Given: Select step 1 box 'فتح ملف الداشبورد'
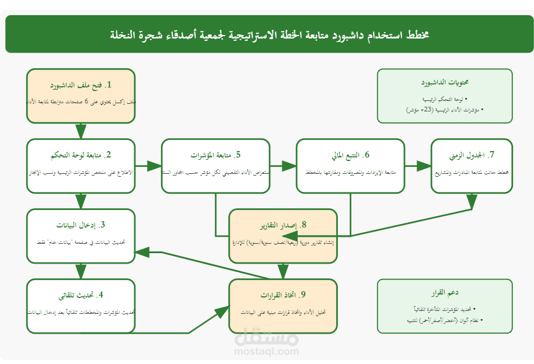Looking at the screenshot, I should point(81,96).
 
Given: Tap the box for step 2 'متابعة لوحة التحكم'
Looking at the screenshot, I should point(81,166).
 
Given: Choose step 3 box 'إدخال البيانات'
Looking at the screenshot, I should point(81,236).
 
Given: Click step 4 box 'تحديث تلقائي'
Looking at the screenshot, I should point(81,306).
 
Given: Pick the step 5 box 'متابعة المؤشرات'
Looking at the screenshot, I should point(215,166).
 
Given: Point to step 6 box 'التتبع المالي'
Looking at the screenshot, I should point(350,166).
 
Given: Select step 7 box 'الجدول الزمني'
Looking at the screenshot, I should point(472,166).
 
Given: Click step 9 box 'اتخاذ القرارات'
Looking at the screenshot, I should point(283,306).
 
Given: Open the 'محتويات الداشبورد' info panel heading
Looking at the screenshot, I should point(445,83).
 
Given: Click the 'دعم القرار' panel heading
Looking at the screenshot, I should point(445,292).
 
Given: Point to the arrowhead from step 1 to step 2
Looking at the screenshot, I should point(81,132).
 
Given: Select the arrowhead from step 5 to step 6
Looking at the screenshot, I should point(289,166).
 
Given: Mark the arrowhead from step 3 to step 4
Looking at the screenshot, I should point(81,272).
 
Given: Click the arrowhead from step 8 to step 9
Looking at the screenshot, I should point(283,272).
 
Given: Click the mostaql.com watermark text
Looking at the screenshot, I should point(266,351).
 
